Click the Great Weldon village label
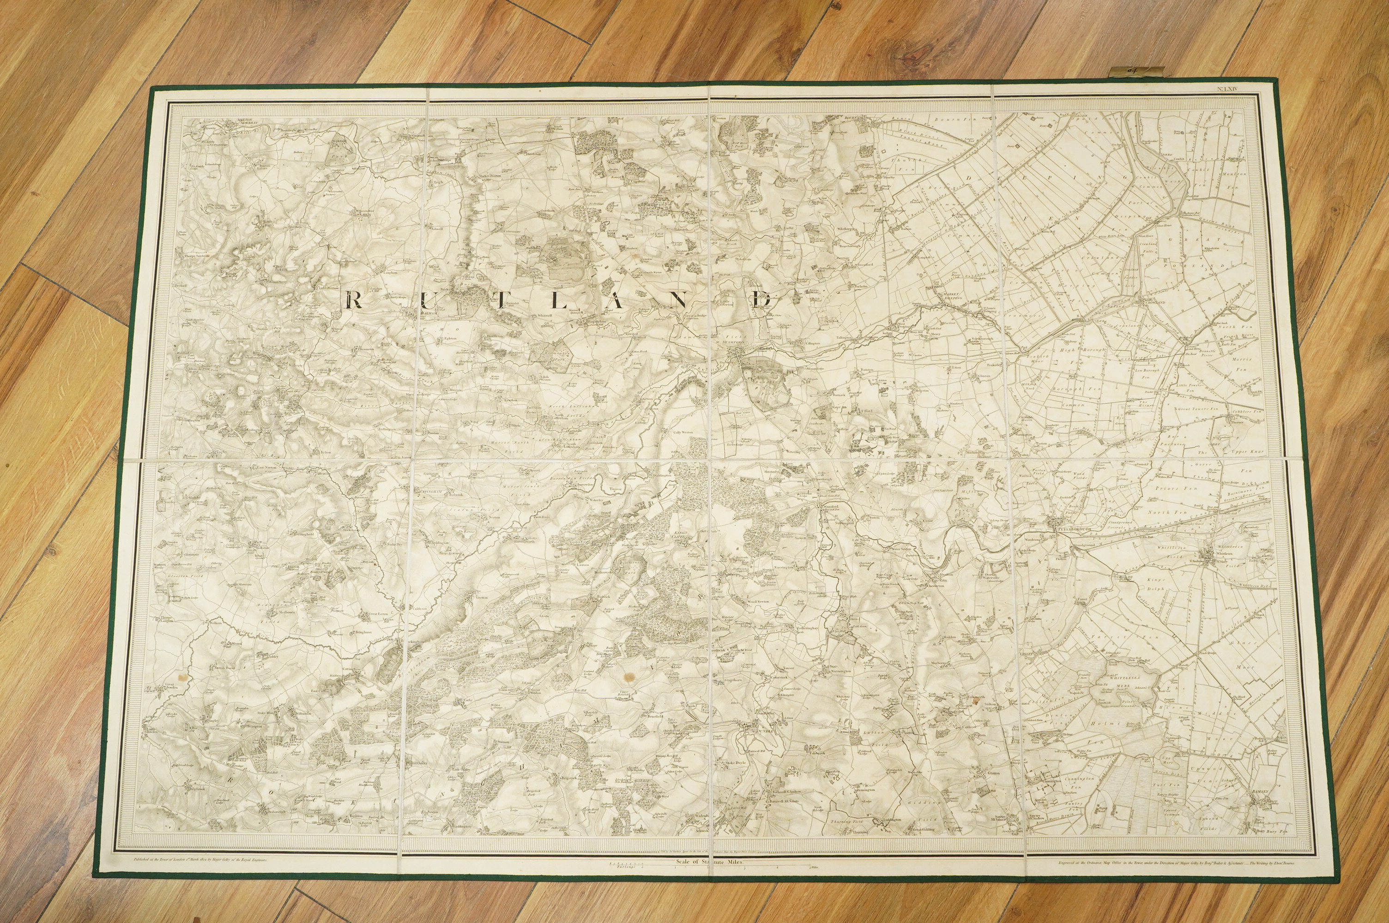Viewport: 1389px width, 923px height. (534, 692)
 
